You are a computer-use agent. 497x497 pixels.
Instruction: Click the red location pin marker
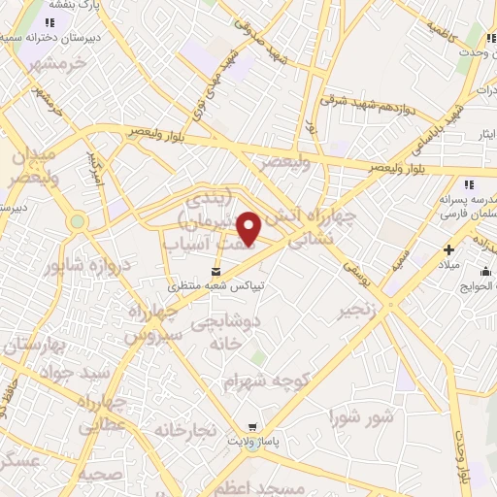click(249, 229)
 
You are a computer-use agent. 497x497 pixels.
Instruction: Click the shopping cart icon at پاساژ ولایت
click(253, 426)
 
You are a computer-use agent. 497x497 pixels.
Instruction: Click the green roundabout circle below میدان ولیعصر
click(78, 221)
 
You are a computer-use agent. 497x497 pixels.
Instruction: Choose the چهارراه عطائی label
click(101, 412)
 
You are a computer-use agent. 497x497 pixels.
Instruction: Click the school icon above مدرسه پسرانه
click(468, 183)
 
